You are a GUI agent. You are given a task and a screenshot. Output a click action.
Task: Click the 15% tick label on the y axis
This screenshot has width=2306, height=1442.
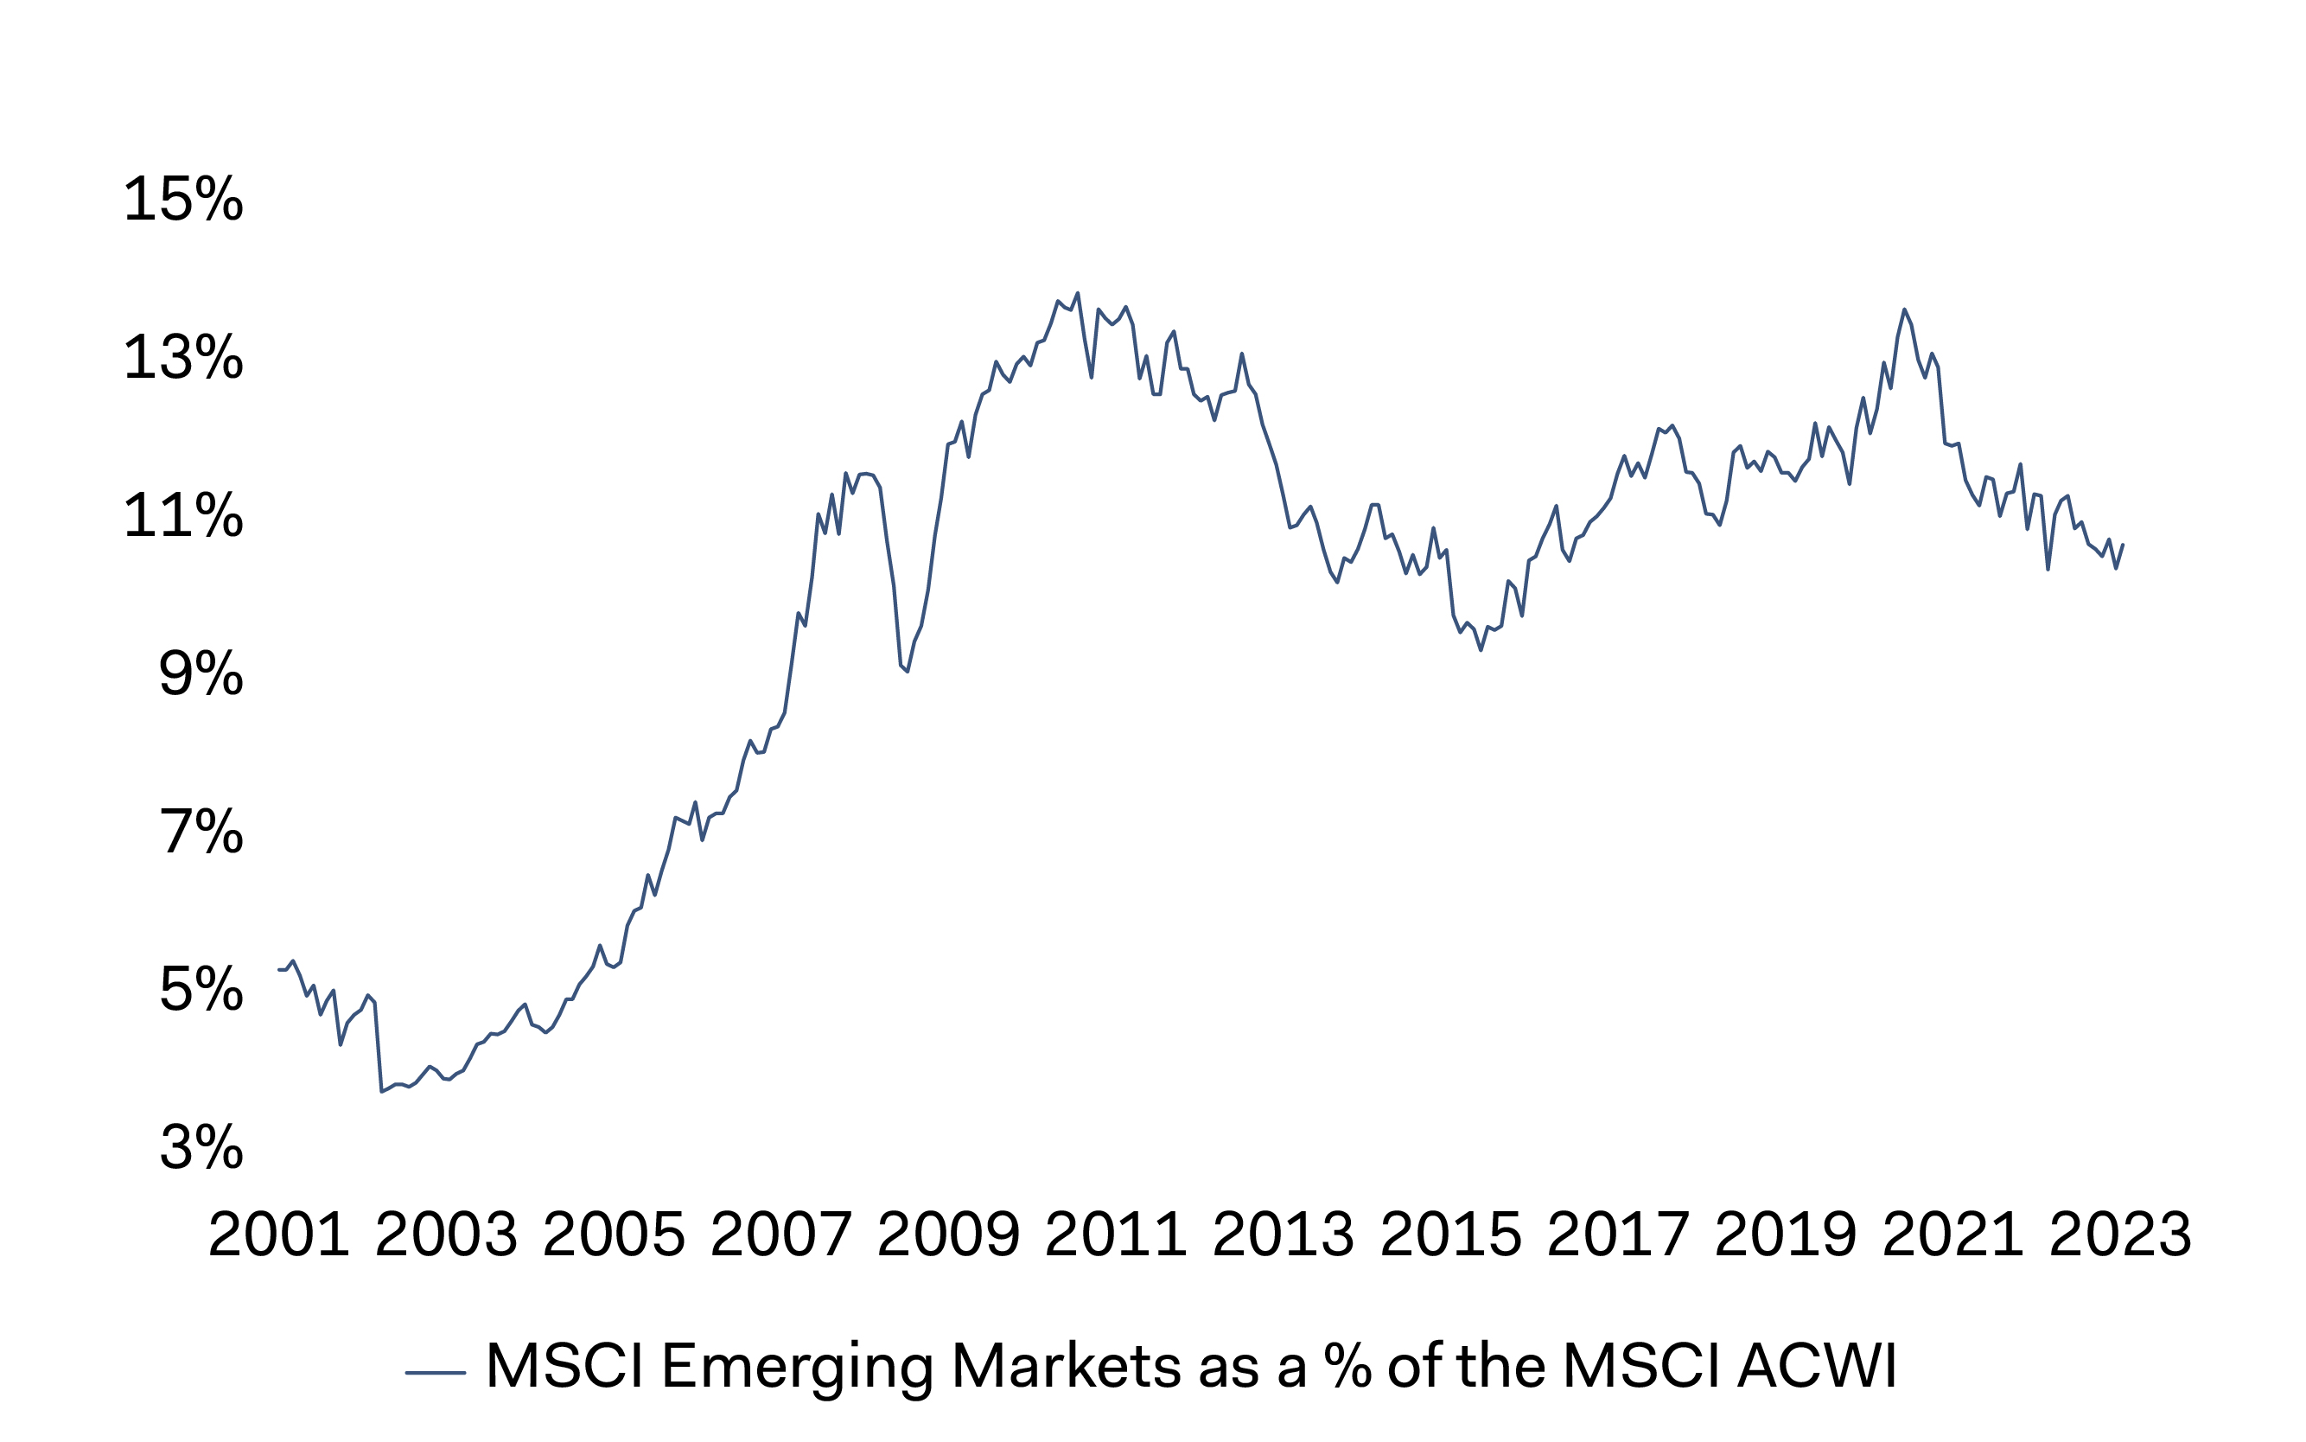[183, 200]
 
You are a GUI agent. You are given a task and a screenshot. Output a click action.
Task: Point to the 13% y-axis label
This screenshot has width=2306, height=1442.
[183, 358]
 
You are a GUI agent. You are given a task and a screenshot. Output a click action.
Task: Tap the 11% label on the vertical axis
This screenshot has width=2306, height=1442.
[183, 516]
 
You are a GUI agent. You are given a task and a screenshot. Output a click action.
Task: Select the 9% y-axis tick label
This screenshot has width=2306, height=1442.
[201, 674]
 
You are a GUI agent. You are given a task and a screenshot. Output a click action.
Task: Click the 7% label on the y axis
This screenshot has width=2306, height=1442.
[201, 832]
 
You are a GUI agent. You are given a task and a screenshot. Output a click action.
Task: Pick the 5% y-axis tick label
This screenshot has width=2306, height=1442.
[201, 989]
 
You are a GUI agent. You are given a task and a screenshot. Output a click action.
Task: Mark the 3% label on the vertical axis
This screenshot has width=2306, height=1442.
[201, 1146]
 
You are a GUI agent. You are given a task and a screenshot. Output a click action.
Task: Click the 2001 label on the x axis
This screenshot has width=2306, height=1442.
[278, 1235]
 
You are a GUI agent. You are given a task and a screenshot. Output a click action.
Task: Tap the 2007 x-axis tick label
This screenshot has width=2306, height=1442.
[780, 1235]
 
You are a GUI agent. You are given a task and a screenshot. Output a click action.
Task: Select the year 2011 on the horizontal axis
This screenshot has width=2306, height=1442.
[1115, 1235]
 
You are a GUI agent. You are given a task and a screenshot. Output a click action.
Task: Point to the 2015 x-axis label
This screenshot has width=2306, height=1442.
[1451, 1235]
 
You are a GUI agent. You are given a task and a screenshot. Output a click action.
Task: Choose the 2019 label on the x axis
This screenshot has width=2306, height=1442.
[1786, 1235]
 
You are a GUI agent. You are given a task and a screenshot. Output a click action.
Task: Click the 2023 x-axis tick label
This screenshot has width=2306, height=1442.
[2120, 1235]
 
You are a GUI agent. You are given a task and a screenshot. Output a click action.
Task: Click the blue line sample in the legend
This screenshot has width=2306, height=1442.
[436, 1372]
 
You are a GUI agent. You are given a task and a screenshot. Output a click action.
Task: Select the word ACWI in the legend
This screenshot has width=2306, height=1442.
[1817, 1366]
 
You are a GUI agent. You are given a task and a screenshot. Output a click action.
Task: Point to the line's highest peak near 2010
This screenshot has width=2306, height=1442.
[1077, 294]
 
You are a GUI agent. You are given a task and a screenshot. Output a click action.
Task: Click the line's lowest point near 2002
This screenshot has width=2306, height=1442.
[381, 1091]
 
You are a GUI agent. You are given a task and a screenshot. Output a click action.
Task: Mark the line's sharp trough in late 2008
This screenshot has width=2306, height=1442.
[907, 672]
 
